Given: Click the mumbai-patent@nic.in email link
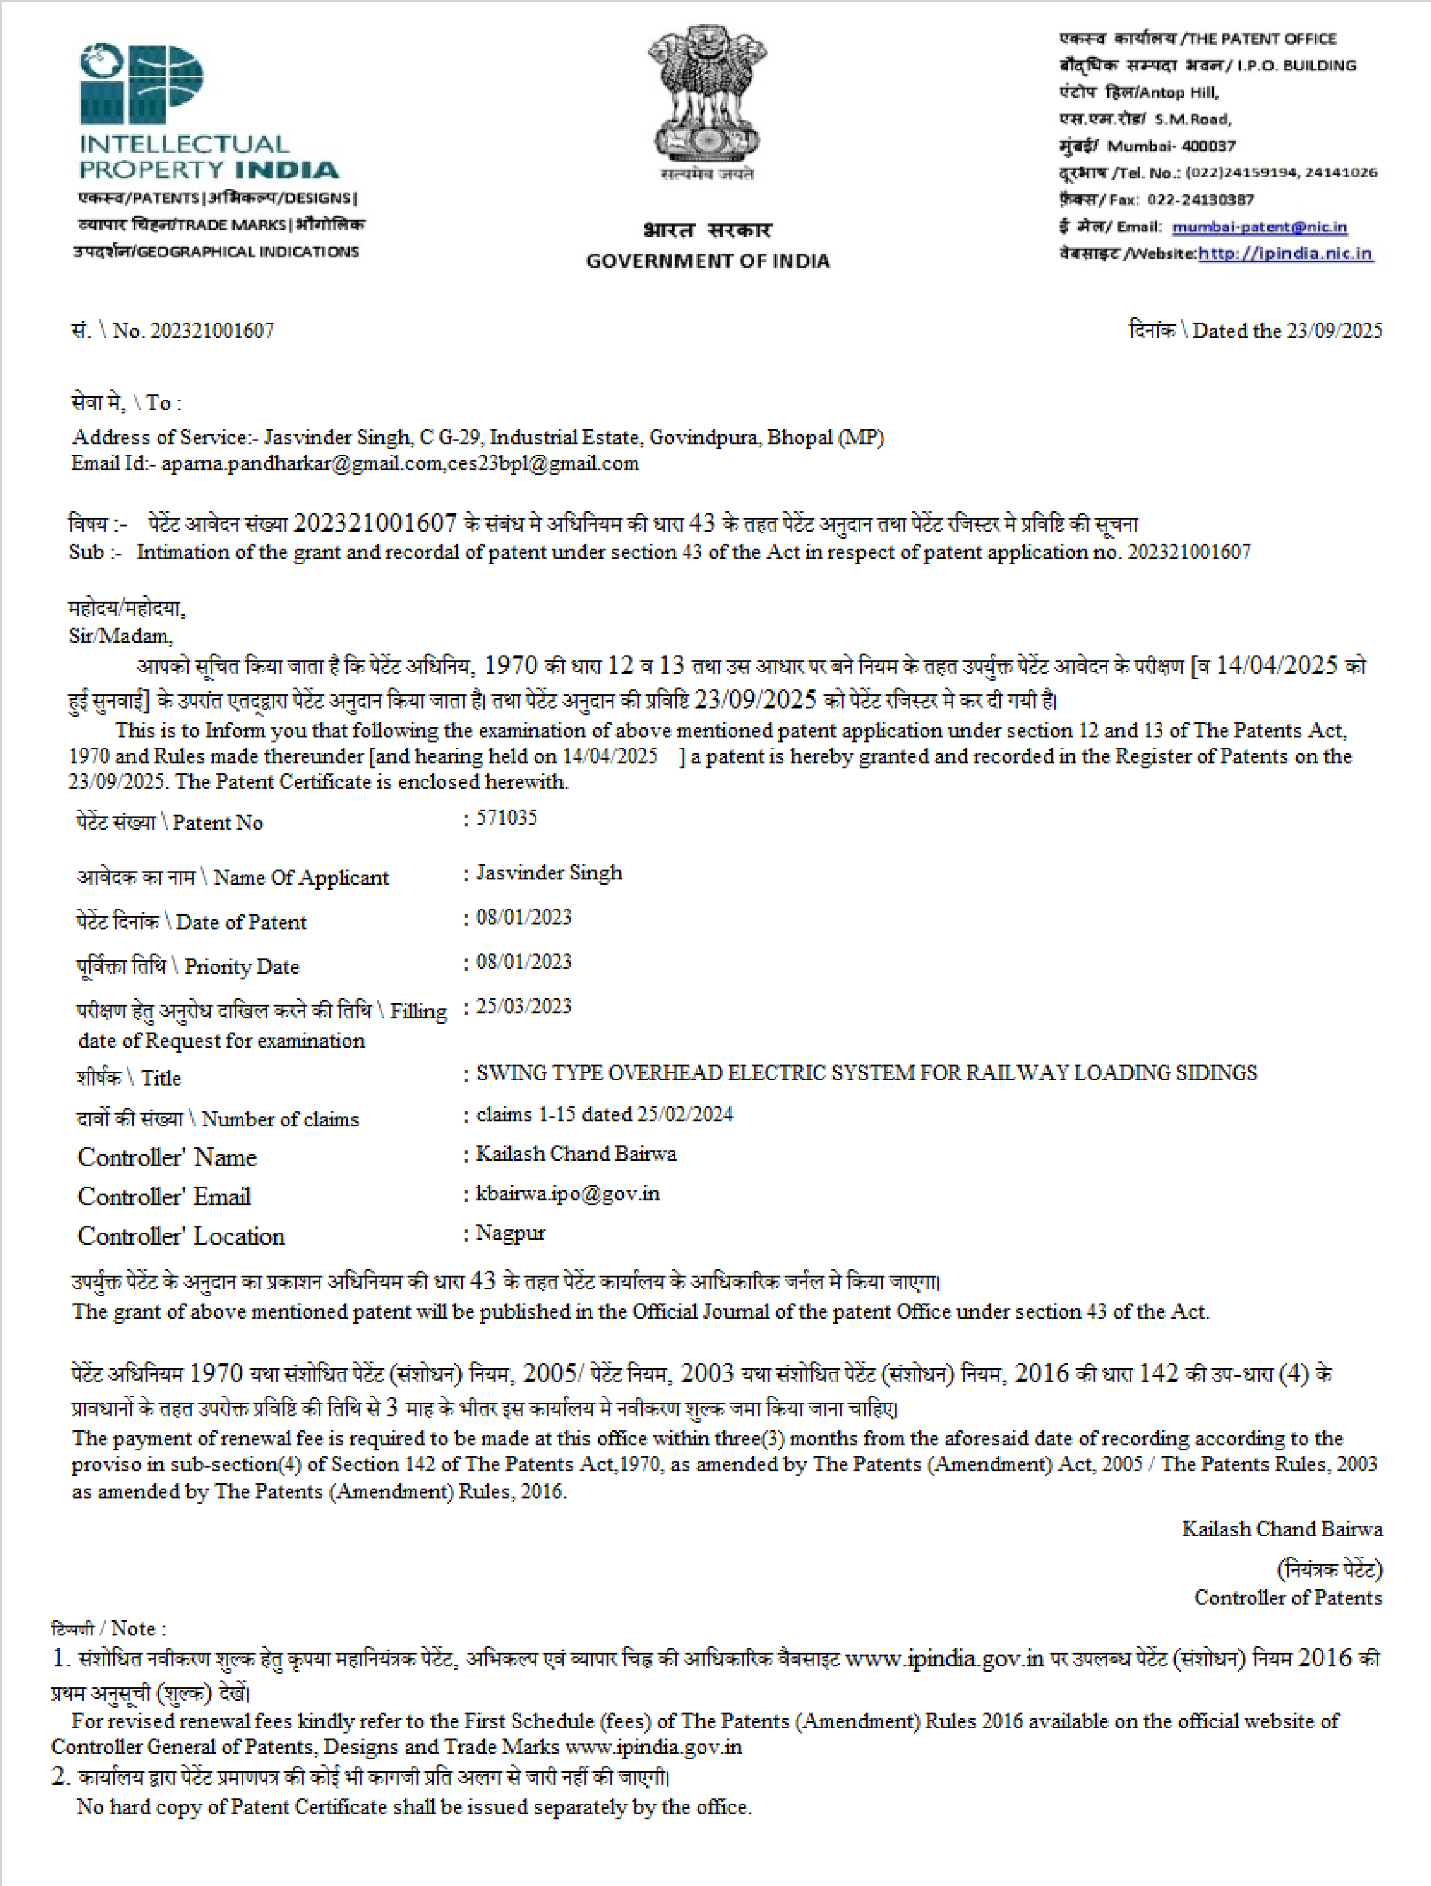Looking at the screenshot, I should click(x=1259, y=226).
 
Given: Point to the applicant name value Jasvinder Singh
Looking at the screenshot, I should click(x=549, y=873).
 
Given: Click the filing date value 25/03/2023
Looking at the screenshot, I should click(x=523, y=1007).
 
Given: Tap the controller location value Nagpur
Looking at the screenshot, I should click(x=510, y=1233).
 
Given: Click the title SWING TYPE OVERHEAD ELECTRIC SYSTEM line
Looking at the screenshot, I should click(x=866, y=1073).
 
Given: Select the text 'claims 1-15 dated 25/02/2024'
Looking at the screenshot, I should click(x=604, y=1115).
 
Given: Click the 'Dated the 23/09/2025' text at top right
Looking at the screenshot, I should click(x=1286, y=331).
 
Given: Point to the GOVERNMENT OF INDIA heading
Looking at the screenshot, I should click(x=707, y=261).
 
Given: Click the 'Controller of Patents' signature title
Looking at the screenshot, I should click(x=1287, y=1598).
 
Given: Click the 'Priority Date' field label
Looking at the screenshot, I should click(x=241, y=967).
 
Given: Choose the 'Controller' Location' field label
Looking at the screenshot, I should click(x=181, y=1236).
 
